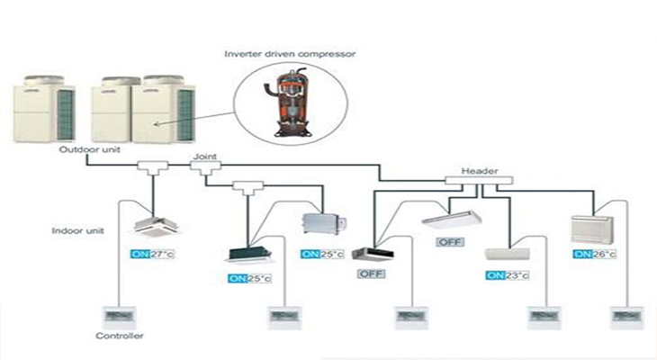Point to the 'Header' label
tap(479, 170)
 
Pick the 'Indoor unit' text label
tap(76, 230)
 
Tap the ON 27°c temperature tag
tap(150, 255)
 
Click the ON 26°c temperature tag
tap(595, 255)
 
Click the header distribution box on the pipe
tap(479, 180)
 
